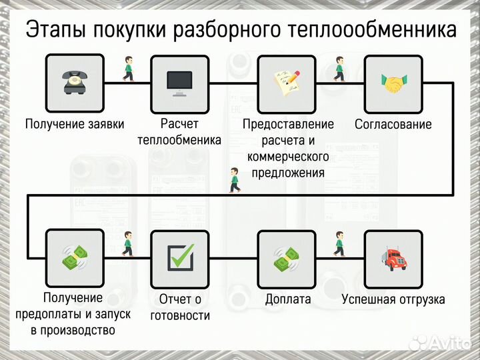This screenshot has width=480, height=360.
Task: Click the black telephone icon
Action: coord(74,83)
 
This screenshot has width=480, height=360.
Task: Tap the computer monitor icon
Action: coord(179,83)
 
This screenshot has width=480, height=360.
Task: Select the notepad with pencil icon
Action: coord(287,83)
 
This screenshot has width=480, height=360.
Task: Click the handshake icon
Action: coord(393,83)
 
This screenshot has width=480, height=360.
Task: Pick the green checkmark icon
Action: coord(179,257)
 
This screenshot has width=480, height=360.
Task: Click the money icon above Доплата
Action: coord(287,257)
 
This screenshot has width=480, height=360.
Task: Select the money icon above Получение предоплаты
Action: coord(74,257)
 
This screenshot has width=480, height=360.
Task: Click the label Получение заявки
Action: coord(75,124)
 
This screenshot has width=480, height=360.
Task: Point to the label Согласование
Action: coord(393,124)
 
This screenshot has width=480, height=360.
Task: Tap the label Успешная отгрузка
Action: coord(393,299)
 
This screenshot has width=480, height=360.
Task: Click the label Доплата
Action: coord(287,299)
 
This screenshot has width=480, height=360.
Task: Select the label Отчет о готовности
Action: coord(179,307)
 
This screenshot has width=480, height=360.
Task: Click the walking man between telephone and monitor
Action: coord(127,69)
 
